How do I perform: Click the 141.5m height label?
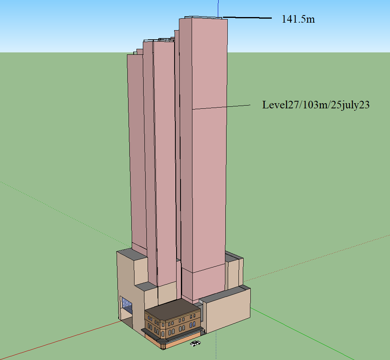(298, 19)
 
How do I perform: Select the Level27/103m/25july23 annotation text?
(316, 105)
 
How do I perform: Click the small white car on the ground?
(196, 343)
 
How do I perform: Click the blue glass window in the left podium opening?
(127, 305)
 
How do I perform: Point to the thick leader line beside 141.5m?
(247, 18)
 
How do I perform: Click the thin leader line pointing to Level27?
(221, 107)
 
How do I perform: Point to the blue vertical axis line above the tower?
(218, 9)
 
